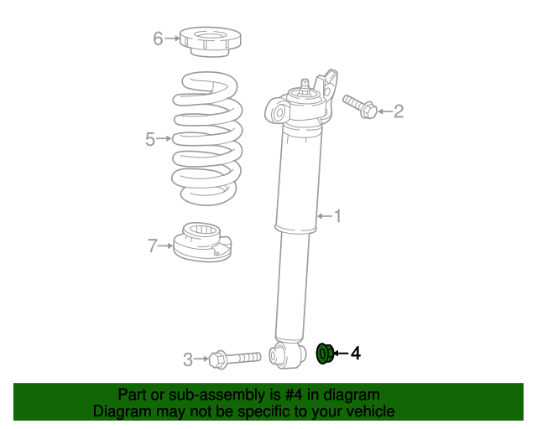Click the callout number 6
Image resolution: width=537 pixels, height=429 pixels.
click(x=157, y=38)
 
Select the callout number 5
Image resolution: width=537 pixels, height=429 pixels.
click(x=150, y=139)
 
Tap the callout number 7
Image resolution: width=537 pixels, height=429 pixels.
click(x=152, y=246)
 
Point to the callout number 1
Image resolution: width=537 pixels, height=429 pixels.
click(x=337, y=217)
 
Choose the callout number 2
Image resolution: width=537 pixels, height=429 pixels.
click(x=399, y=111)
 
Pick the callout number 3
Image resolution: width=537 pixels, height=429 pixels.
click(x=188, y=359)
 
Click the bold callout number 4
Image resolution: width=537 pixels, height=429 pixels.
click(x=356, y=354)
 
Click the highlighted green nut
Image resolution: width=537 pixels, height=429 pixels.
click(x=325, y=354)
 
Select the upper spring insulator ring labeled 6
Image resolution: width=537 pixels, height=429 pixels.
click(x=210, y=41)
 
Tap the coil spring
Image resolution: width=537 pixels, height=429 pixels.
click(x=207, y=138)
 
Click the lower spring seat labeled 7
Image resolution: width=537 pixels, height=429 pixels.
click(x=201, y=243)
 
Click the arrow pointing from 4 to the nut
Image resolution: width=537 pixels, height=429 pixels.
click(x=341, y=354)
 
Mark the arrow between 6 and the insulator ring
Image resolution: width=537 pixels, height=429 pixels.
click(x=172, y=38)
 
